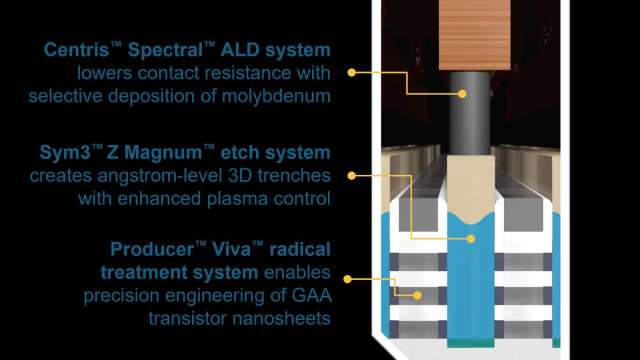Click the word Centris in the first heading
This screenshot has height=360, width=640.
tap(77, 50)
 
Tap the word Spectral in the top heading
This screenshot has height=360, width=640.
tap(165, 50)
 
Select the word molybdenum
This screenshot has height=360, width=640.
tap(276, 97)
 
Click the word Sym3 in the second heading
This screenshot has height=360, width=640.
tap(65, 153)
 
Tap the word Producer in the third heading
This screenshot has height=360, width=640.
tap(152, 249)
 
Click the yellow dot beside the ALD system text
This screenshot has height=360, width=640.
tap(351, 73)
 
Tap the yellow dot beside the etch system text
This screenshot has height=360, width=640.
tap(351, 176)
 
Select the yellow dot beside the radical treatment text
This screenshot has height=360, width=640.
tap(347, 279)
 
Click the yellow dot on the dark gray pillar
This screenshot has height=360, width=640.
tap(462, 94)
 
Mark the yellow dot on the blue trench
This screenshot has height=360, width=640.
tap(471, 239)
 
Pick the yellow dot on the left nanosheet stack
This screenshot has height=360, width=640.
tap(417, 296)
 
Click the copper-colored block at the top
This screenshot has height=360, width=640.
tap(475, 35)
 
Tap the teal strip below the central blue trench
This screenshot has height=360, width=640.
tap(471, 343)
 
